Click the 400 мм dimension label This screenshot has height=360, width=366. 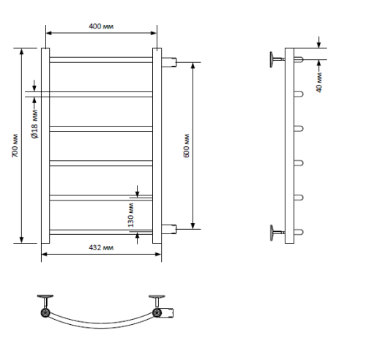coord(101,26)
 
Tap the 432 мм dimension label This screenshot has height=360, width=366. coord(101,247)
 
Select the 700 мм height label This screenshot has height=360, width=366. coord(15,146)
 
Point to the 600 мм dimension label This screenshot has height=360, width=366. coord(186,146)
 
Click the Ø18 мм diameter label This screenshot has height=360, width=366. coord(34,124)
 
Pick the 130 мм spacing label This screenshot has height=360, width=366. coord(131,215)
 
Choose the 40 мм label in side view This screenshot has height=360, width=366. coord(319,83)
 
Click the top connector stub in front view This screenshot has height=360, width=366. coord(169,62)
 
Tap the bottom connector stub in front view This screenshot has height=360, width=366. coord(169,229)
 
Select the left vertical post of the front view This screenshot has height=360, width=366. coord(45,146)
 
